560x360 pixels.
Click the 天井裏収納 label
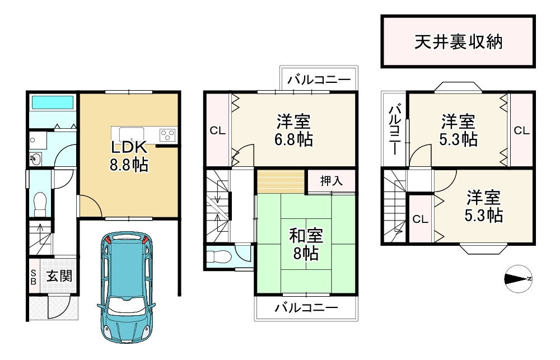pyautogui.click(x=458, y=42)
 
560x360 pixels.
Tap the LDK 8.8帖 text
pyautogui.click(x=129, y=156)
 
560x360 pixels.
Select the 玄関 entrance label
pyautogui.click(x=59, y=276)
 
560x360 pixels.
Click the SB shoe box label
pyautogui.click(x=33, y=277)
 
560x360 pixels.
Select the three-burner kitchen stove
pyautogui.click(x=168, y=134)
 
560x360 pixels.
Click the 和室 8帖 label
pyautogui.click(x=306, y=244)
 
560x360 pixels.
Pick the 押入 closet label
pyautogui.click(x=332, y=181)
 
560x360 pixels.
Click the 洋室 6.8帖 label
pyautogui.click(x=293, y=130)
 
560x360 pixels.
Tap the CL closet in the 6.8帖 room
pyautogui.click(x=217, y=130)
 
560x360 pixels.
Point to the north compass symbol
pyautogui.click(x=519, y=279)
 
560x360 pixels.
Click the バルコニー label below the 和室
pyautogui.click(x=306, y=308)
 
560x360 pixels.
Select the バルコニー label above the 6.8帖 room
pyautogui.click(x=319, y=80)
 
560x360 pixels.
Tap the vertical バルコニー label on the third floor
pyautogui.click(x=395, y=130)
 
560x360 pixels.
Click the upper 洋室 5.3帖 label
pyautogui.click(x=458, y=130)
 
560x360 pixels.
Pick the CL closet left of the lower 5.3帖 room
pyautogui.click(x=421, y=219)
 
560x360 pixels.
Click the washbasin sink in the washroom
pyautogui.click(x=35, y=159)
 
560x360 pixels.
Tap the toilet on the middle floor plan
pyautogui.click(x=216, y=256)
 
